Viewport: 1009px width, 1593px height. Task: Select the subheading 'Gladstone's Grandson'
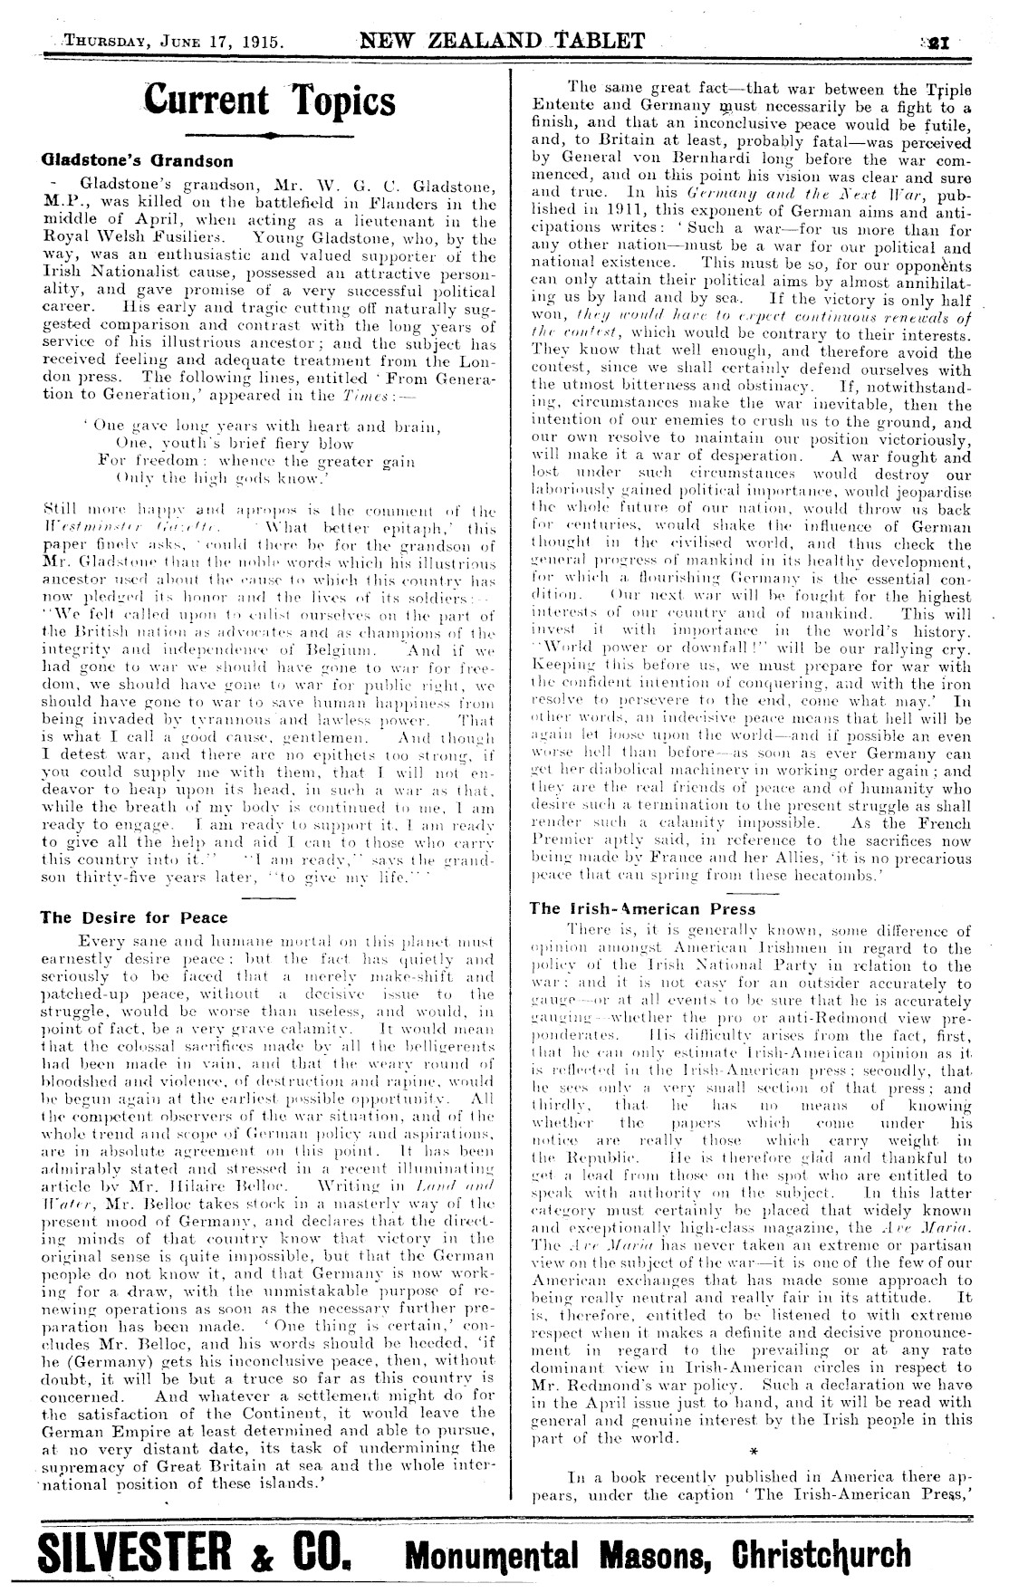click(137, 161)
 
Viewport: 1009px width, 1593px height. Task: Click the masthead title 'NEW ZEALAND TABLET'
click(502, 40)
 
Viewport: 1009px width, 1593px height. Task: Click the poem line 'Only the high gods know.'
click(217, 477)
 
